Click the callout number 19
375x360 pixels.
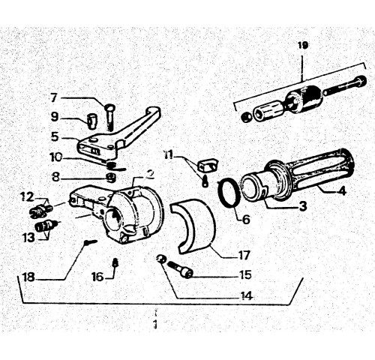[x=303, y=46]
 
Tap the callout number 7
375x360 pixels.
[x=54, y=97]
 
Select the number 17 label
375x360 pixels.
[x=244, y=256]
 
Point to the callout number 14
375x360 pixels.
[x=247, y=296]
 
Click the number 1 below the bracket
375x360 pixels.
[x=155, y=325]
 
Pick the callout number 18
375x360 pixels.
[x=28, y=277]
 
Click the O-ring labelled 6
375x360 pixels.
[x=229, y=193]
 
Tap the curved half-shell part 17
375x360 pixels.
[x=193, y=226]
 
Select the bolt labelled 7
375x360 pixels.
[x=109, y=118]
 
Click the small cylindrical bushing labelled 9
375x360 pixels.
[x=91, y=121]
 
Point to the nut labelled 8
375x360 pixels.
[x=110, y=178]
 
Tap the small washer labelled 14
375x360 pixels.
[x=160, y=259]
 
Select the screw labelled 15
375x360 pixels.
[x=181, y=269]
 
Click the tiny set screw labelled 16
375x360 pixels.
[x=115, y=262]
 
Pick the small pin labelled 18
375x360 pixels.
[x=91, y=242]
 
